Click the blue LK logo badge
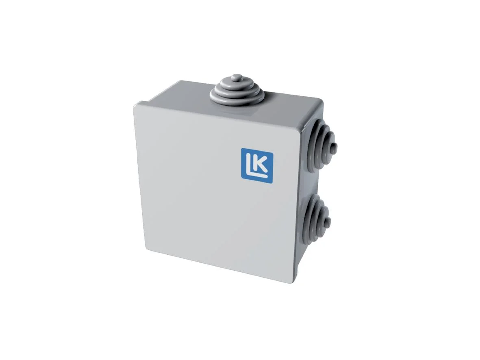click(x=257, y=166)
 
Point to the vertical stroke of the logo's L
click(x=248, y=163)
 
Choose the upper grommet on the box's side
click(x=322, y=145)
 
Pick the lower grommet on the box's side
click(x=317, y=219)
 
